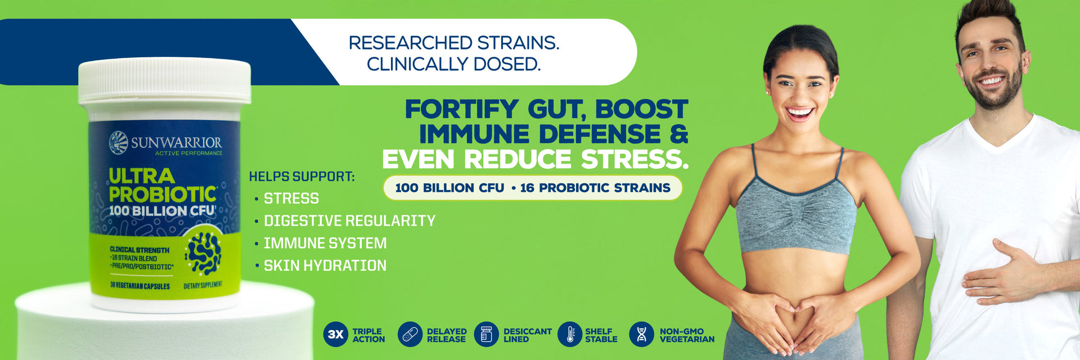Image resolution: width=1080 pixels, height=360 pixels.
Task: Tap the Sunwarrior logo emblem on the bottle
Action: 119,143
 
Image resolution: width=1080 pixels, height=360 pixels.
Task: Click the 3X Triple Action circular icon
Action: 336,334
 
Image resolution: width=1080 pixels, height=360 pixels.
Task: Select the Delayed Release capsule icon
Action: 410,334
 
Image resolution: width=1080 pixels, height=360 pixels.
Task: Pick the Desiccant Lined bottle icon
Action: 487,334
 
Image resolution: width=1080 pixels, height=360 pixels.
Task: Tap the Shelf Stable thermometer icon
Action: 570,334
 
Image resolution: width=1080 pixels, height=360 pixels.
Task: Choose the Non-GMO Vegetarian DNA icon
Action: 642,334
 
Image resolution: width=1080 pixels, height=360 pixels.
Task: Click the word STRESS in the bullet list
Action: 291,199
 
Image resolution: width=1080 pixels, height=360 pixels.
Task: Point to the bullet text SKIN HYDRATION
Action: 325,265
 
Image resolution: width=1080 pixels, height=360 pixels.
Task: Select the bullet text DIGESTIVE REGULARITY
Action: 350,220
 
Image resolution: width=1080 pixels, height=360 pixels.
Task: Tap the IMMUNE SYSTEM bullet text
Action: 325,243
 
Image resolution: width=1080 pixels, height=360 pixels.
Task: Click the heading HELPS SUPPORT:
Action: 302,177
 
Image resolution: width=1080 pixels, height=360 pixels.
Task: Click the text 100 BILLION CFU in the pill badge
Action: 449,188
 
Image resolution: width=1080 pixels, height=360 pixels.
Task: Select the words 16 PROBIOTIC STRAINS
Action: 595,188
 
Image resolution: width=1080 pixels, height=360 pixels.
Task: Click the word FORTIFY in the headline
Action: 462,109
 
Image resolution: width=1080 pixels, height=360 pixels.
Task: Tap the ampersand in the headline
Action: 679,134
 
